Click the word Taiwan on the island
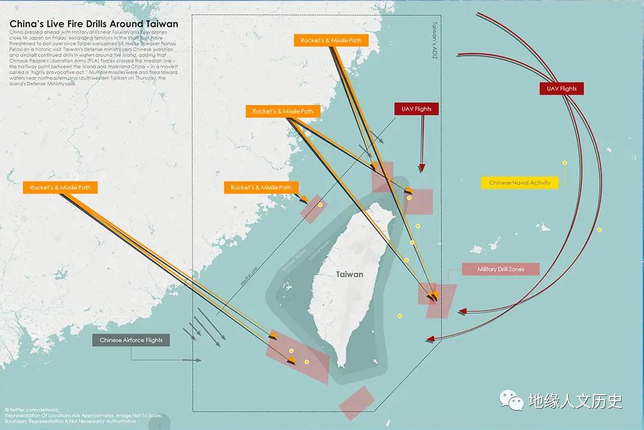(350, 274)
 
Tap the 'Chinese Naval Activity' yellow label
(519, 182)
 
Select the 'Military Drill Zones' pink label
(500, 269)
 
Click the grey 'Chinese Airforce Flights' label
(131, 340)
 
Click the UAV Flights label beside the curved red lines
(561, 89)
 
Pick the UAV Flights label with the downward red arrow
(417, 109)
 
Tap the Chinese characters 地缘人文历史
(575, 401)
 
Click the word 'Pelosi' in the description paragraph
(18, 45)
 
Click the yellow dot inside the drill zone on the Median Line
(320, 205)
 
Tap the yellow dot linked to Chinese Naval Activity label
(565, 163)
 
